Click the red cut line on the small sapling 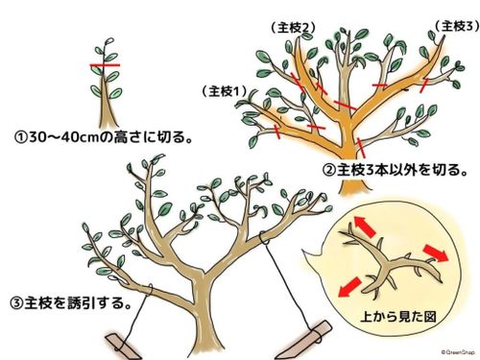pyautogui.click(x=109, y=66)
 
